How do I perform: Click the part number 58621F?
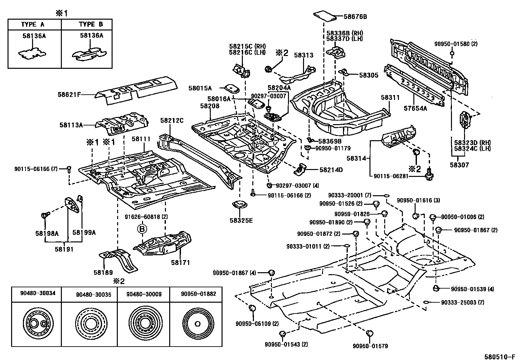coord(69,95)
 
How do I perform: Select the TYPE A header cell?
coord(33,25)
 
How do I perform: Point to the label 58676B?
coord(355,16)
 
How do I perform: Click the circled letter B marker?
coord(142,229)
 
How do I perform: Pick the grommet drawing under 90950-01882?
coord(198,324)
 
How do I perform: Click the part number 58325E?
coord(241,220)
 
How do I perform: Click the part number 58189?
coord(103,272)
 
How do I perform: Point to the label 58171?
coord(180,262)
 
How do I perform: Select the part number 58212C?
coord(172,121)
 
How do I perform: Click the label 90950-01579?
coord(370,346)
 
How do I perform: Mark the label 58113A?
coord(71,125)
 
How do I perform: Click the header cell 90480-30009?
coord(144,294)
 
